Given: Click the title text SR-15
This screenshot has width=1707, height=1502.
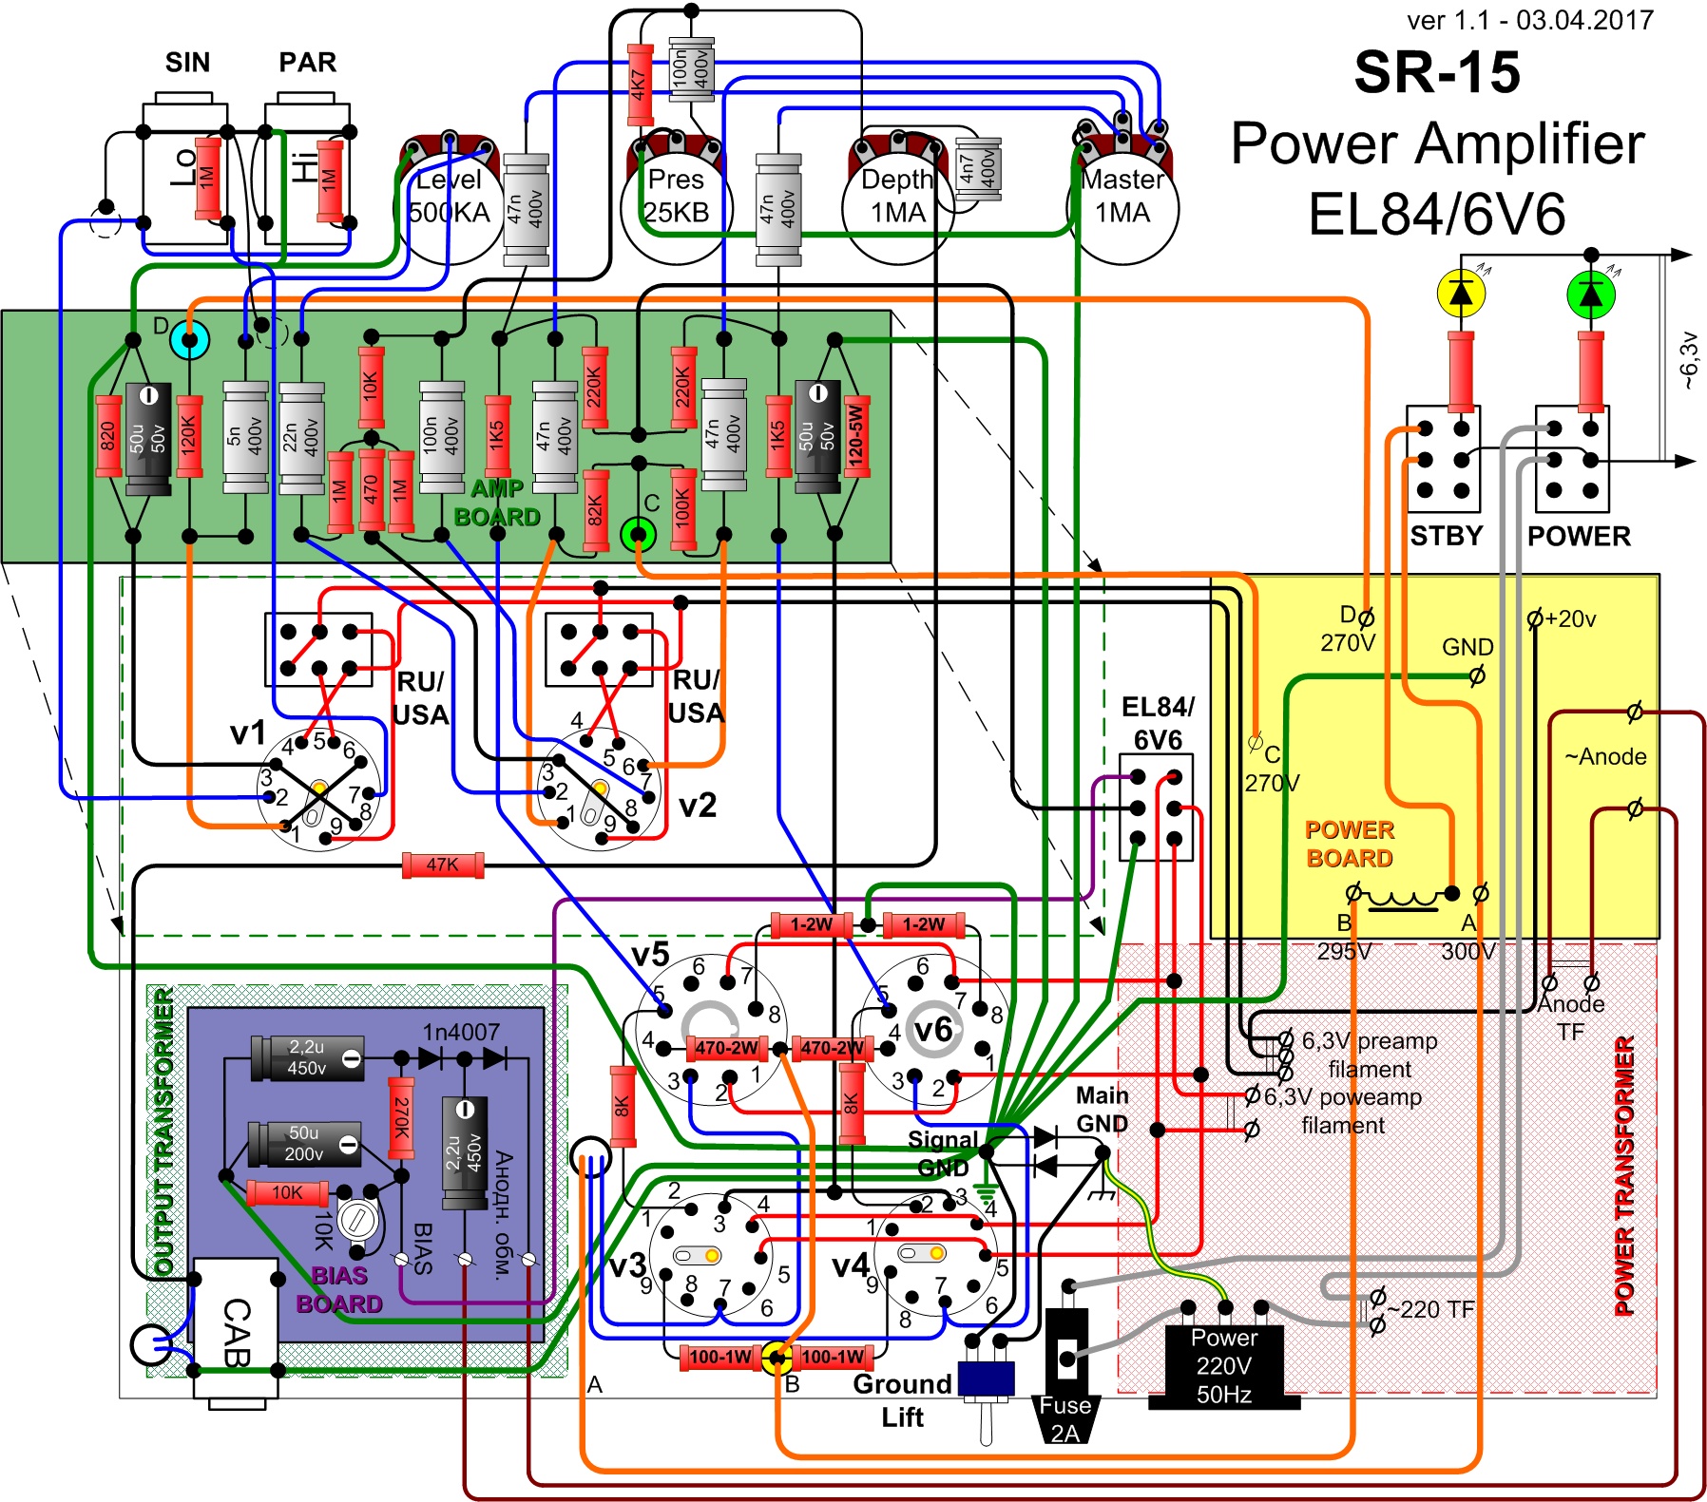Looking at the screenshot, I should (x=1436, y=72).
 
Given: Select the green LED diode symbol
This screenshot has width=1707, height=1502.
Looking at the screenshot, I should (x=1591, y=294).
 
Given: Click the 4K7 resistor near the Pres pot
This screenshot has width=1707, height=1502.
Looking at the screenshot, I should (x=640, y=85).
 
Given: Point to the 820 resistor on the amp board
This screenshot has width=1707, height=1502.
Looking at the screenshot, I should (x=108, y=436).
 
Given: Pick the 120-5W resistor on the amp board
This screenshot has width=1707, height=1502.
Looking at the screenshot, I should (x=856, y=436).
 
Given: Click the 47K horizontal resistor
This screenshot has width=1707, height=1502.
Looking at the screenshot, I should (x=443, y=865).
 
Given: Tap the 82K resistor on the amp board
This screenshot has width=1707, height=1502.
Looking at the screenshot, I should (x=596, y=510).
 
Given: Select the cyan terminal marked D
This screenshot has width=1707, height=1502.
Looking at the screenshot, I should (x=189, y=339).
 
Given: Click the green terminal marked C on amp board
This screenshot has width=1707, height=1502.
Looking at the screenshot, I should (x=639, y=534).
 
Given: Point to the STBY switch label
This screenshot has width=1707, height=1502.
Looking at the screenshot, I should (x=1446, y=536).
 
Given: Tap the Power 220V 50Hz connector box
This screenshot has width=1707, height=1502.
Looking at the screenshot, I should (x=1223, y=1364).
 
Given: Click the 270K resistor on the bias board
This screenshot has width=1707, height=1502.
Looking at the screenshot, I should (x=402, y=1118).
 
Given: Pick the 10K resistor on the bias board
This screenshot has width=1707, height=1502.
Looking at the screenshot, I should (x=287, y=1192).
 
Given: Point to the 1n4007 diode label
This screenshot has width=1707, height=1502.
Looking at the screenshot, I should (x=461, y=1032).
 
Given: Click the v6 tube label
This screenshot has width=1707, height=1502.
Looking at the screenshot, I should (x=932, y=1029).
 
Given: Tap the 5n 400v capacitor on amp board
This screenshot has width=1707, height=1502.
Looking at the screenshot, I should (x=245, y=437).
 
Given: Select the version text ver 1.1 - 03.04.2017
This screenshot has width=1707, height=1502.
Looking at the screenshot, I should (x=1530, y=20).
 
